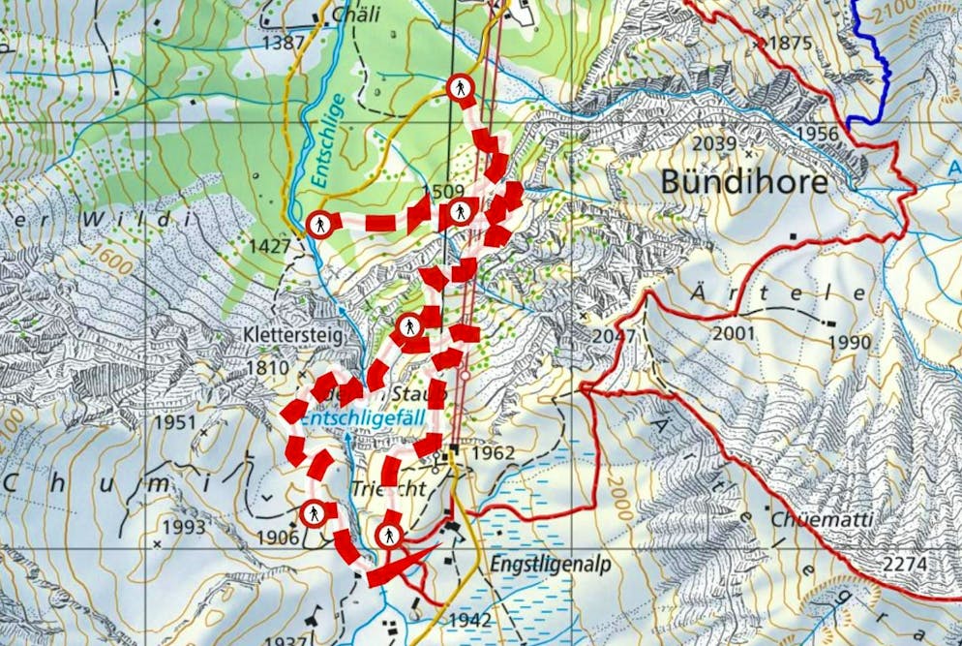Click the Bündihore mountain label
(744, 182)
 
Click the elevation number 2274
(905, 564)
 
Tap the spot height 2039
(716, 143)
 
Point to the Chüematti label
(822, 519)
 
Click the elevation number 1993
(184, 527)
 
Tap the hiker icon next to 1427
(320, 225)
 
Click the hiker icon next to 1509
(461, 211)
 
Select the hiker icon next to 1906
(313, 513)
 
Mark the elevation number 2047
(616, 336)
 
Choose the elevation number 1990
(848, 343)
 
